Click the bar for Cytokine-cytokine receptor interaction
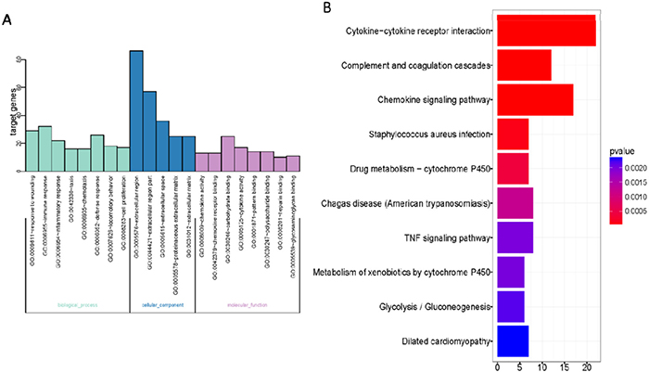547,31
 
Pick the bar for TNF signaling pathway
515,237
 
